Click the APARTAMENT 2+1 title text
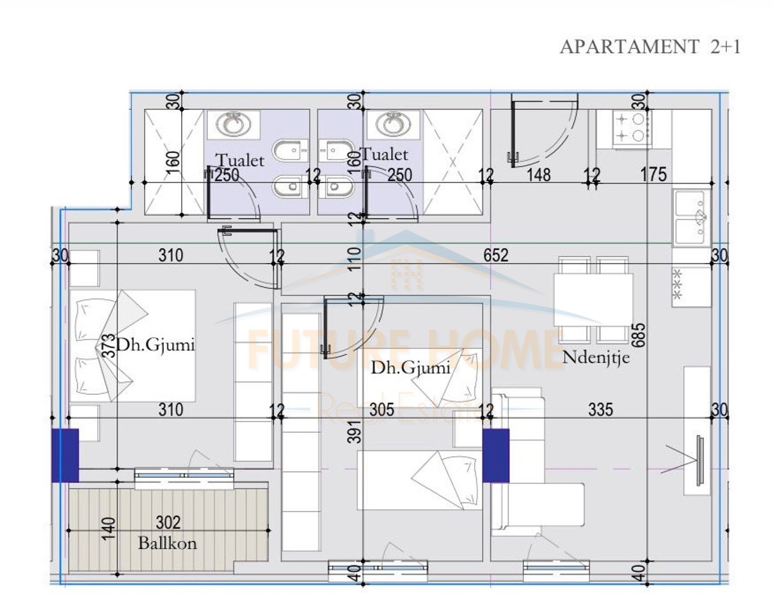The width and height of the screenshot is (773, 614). coord(650,47)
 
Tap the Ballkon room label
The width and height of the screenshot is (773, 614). coord(168,543)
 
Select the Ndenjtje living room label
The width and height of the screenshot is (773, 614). coord(596,358)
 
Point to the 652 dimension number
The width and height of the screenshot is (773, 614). coord(496,255)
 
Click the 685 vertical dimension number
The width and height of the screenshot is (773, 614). coord(639,335)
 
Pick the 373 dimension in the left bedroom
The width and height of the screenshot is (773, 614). coord(110,346)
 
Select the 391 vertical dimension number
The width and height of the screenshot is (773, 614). coord(355,431)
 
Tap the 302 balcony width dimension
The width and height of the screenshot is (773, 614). coord(168,523)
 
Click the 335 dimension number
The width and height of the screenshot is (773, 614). coord(601,410)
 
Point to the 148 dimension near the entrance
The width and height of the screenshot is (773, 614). coord(538,175)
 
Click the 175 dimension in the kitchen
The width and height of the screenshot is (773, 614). coord(654,175)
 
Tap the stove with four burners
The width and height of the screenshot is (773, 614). coord(632,129)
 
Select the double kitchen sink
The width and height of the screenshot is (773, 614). coord(692,218)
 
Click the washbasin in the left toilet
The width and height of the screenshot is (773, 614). coord(234,125)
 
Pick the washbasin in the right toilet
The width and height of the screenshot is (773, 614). coord(393,125)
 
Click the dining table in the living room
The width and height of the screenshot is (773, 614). coord(593,299)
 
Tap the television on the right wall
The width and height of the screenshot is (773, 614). coord(699,460)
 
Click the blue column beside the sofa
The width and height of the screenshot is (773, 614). coord(496,455)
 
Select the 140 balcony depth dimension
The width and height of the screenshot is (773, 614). coord(110,528)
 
